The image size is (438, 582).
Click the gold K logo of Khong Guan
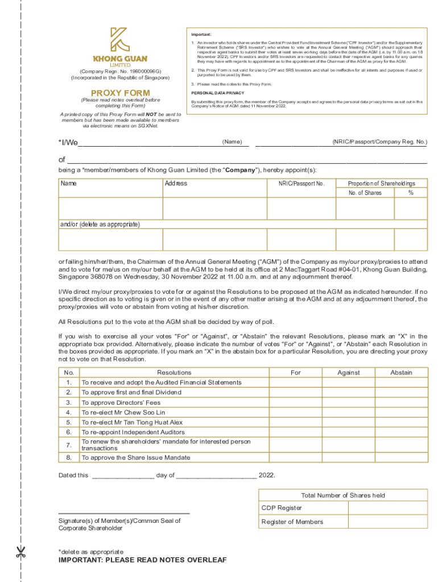click(x=120, y=40)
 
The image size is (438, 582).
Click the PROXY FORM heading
click(x=121, y=93)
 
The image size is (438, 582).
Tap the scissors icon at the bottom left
click(x=21, y=551)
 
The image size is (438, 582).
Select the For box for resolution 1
click(x=295, y=383)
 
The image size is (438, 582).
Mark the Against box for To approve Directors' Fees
click(x=348, y=402)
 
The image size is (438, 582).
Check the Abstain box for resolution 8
click(x=401, y=457)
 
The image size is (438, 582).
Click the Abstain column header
click(x=401, y=373)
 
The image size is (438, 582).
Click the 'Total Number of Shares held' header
click(x=343, y=495)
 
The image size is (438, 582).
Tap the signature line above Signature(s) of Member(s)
click(x=124, y=514)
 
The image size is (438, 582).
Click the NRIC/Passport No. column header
click(x=301, y=184)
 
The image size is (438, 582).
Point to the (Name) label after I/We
click(x=232, y=142)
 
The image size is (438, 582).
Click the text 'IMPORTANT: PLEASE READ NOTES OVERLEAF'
click(x=142, y=560)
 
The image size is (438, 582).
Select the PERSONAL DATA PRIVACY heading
click(x=218, y=92)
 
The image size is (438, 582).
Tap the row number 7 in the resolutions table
click(x=69, y=445)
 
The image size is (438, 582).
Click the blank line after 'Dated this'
click(x=123, y=476)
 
